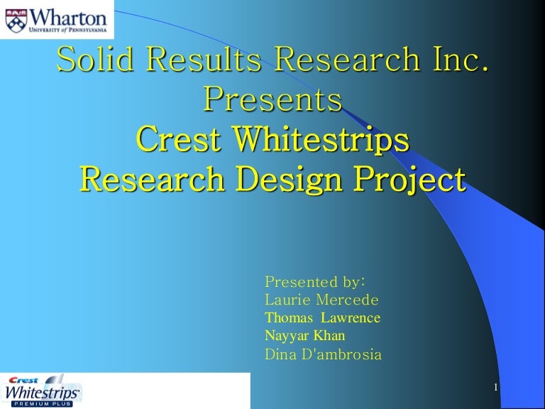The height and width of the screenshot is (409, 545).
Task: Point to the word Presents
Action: click(273, 101)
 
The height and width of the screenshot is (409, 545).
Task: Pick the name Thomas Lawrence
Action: click(322, 317)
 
